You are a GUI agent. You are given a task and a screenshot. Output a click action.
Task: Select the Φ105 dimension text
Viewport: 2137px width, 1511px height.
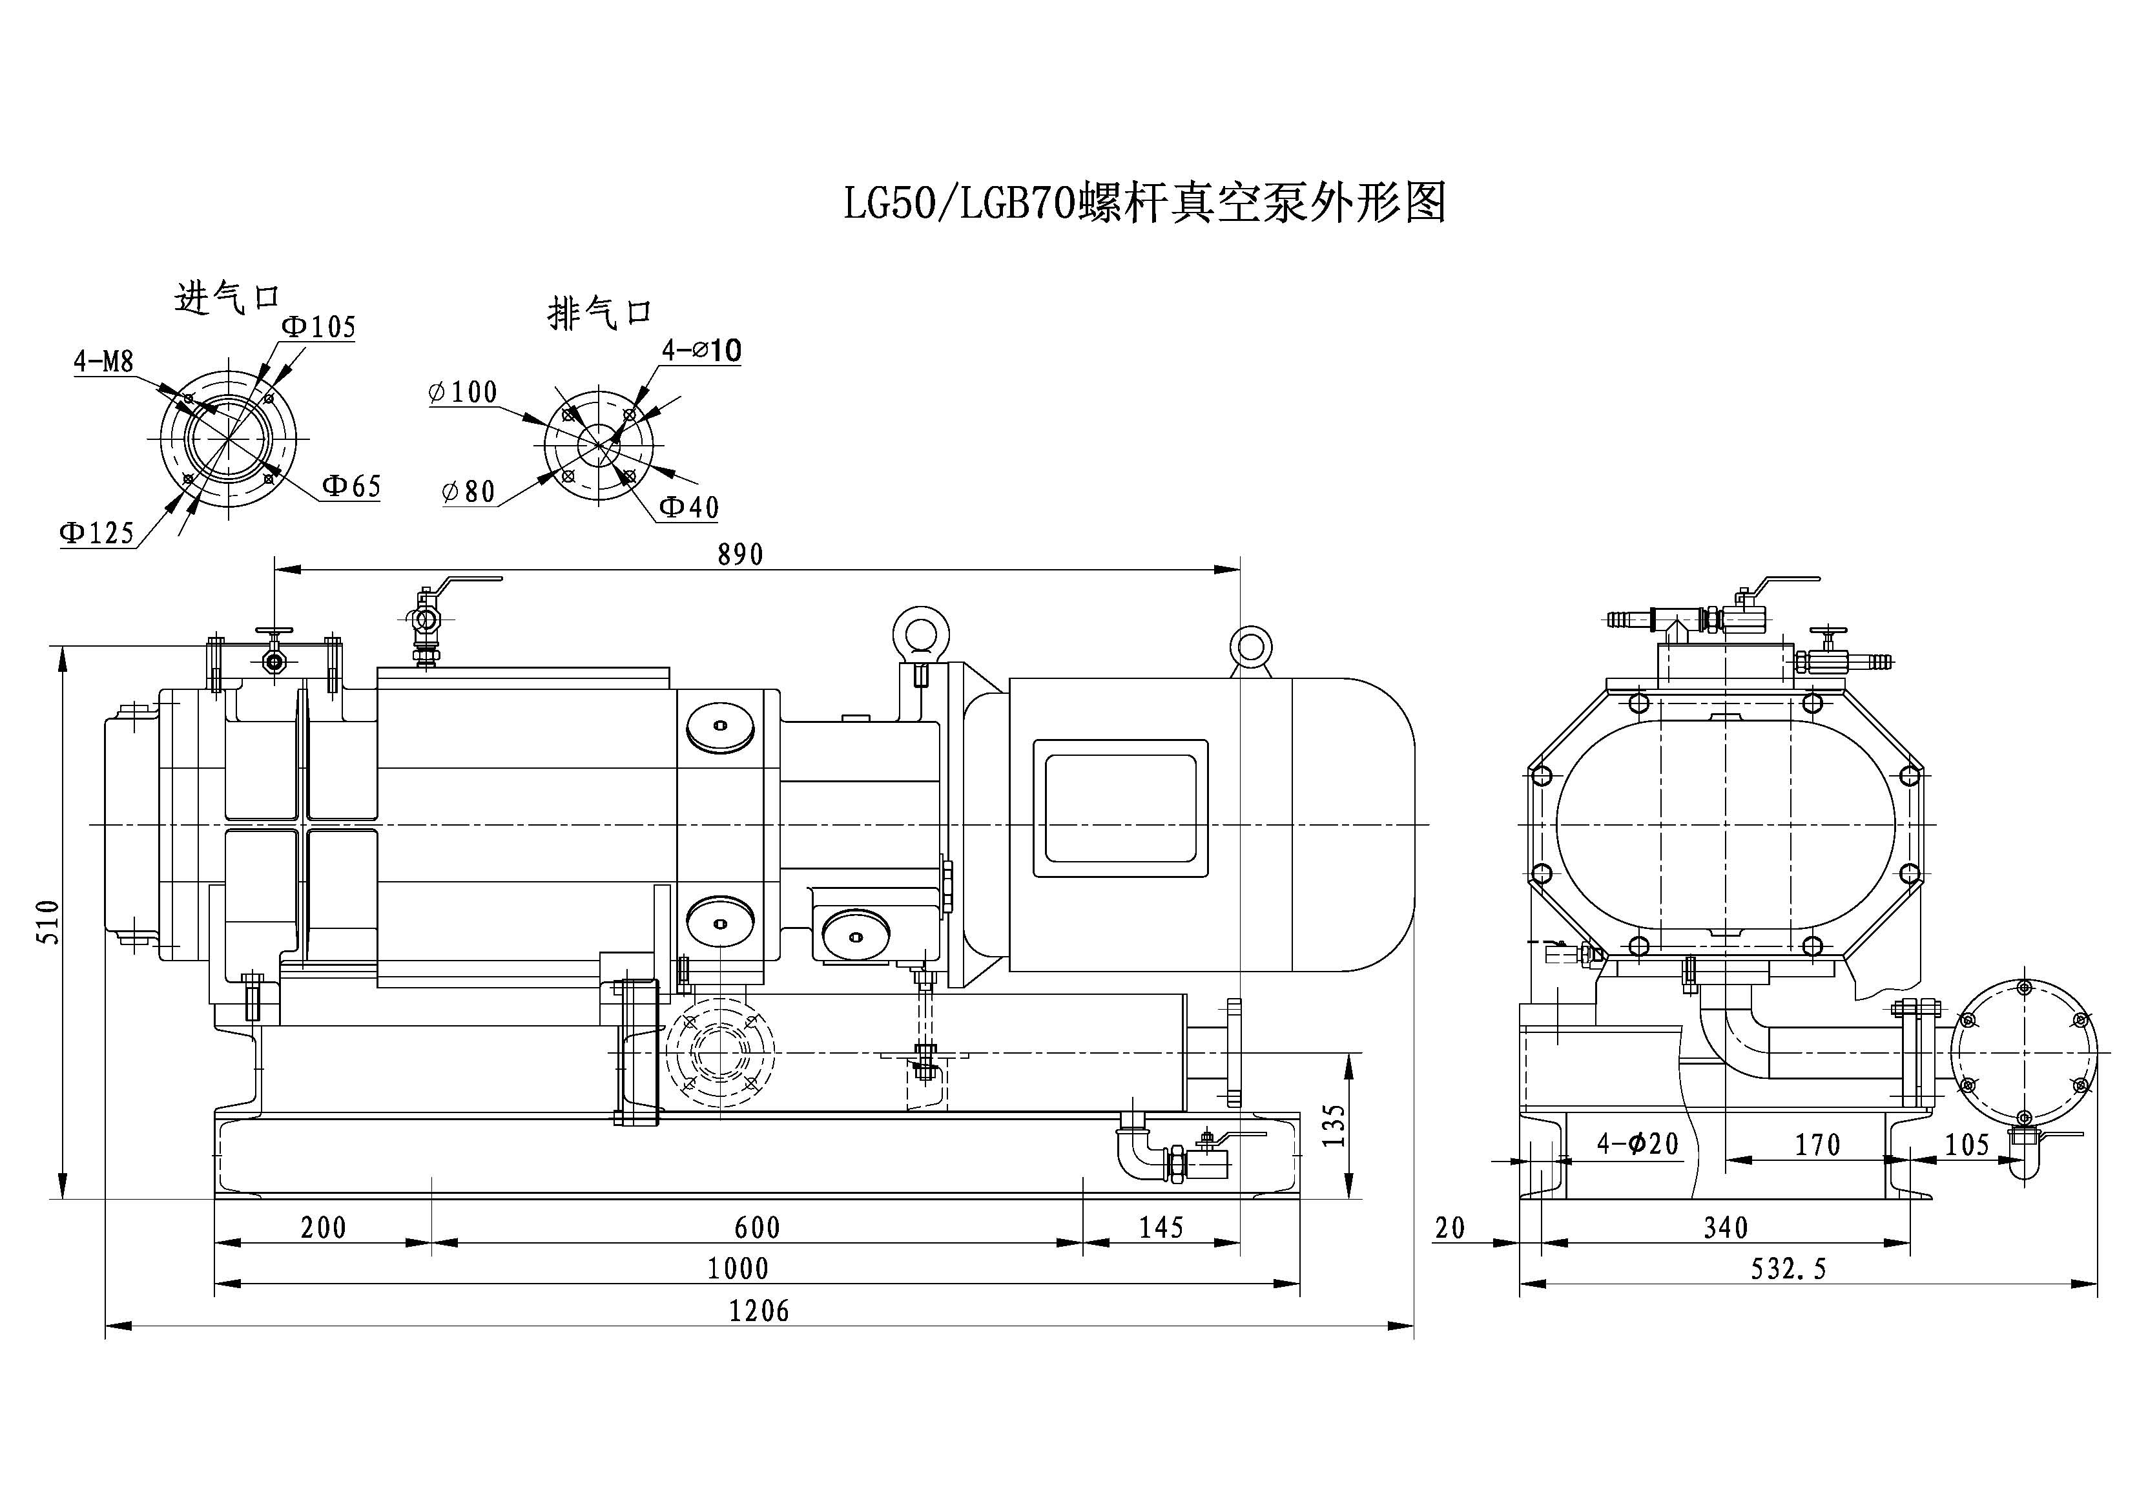[318, 327]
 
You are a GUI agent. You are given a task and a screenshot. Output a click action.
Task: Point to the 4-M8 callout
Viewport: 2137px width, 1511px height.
[104, 361]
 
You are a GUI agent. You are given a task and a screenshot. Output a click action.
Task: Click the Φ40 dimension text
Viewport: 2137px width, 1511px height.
[688, 507]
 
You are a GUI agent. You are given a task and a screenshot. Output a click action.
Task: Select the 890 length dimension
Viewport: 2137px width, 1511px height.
[741, 555]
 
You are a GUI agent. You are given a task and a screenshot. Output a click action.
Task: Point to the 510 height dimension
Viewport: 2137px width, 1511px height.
[48, 922]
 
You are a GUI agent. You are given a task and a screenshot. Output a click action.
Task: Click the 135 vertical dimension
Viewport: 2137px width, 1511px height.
[1335, 1125]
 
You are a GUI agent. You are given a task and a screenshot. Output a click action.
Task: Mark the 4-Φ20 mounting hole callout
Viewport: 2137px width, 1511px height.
[1638, 1144]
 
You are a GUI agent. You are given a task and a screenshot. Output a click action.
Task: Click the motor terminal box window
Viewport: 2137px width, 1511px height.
[1120, 808]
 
